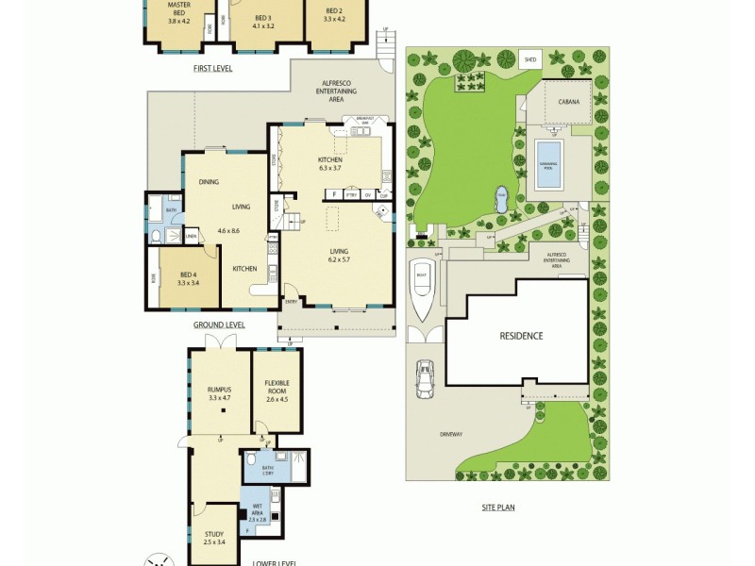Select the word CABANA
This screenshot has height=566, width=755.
click(567, 101)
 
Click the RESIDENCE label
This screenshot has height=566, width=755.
click(521, 336)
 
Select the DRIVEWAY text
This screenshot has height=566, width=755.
click(450, 434)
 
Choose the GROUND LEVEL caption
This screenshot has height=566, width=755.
click(219, 325)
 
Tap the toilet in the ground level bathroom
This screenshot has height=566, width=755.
click(155, 235)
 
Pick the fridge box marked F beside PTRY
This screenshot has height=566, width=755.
click(333, 194)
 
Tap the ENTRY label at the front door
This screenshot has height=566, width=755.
click(291, 302)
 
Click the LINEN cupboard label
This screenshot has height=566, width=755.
click(191, 237)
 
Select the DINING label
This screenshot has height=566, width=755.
click(209, 182)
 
